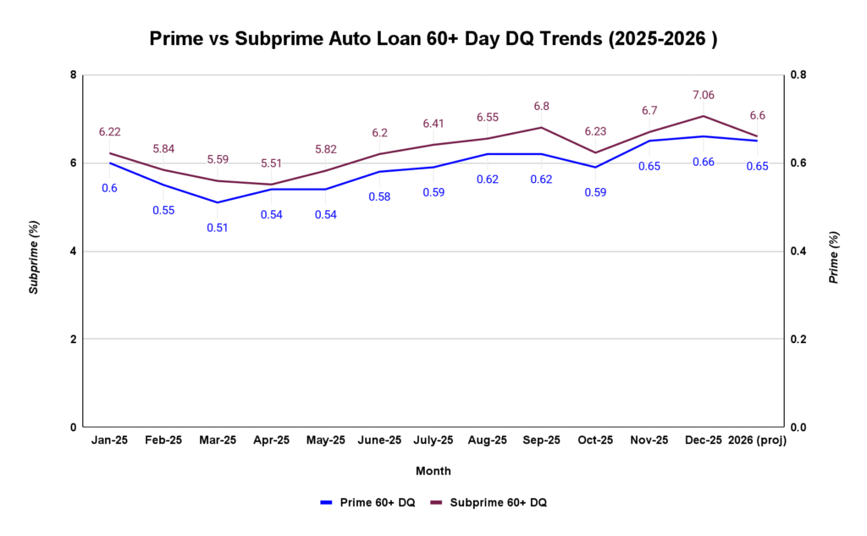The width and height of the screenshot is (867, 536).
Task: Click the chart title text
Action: tap(433, 39)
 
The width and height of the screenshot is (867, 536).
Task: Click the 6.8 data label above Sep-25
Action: tap(541, 107)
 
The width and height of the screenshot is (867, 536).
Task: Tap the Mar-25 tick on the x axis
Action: tap(218, 440)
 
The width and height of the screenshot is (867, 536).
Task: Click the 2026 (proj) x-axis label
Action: tap(757, 440)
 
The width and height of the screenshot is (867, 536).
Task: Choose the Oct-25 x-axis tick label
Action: tap(595, 440)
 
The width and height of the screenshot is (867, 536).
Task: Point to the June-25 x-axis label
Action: tap(379, 440)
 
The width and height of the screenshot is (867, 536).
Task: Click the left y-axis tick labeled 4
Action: tap(74, 251)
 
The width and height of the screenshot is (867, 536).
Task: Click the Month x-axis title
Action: tap(433, 471)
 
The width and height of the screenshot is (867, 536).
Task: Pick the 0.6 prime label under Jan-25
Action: tap(109, 188)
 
